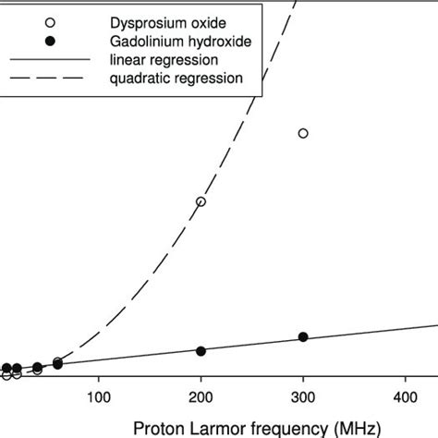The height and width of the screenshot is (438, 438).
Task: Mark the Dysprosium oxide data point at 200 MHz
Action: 201,201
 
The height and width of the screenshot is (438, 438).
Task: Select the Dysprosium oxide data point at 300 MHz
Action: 303,134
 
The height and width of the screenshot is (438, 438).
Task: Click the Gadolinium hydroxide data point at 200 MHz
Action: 201,351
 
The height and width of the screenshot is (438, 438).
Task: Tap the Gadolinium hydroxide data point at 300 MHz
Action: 303,337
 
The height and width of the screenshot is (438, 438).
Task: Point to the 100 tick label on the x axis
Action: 99,398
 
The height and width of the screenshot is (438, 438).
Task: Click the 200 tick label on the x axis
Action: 201,398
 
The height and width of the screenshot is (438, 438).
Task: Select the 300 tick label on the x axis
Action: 303,398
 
